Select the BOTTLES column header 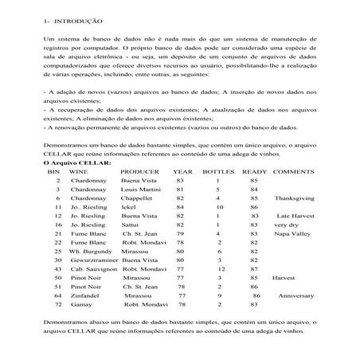click(x=218, y=171)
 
